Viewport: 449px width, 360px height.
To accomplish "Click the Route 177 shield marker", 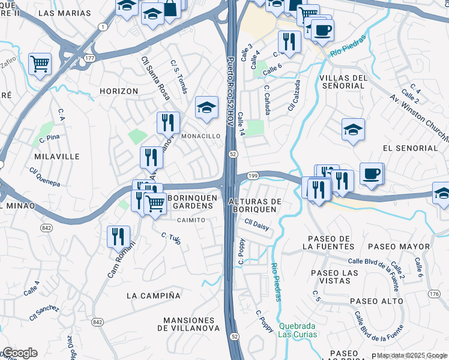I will click(90, 58).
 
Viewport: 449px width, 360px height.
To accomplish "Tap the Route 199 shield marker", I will click(253, 176).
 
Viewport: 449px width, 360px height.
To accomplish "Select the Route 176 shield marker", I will click(435, 293).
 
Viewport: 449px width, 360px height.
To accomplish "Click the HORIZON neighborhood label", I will click(119, 91).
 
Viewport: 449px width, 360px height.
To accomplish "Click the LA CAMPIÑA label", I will click(154, 295).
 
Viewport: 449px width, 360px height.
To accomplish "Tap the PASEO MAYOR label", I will click(399, 247).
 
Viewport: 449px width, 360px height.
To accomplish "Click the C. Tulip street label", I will click(171, 238).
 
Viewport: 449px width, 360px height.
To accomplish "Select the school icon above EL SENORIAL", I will click(353, 129).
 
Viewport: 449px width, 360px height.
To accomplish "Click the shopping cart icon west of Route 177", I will click(40, 63).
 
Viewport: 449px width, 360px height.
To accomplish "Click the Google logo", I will click(19, 353).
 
